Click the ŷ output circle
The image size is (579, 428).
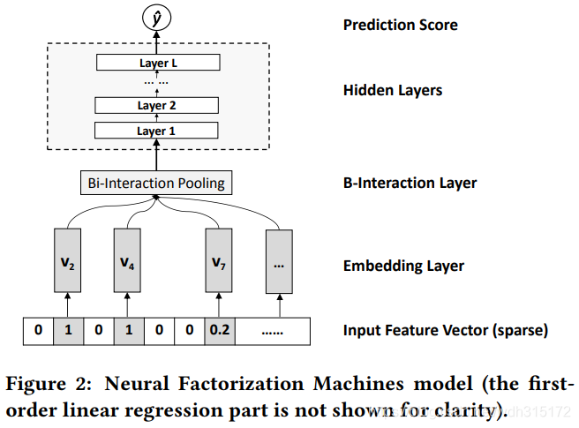(x=156, y=18)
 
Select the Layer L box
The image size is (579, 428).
(x=158, y=63)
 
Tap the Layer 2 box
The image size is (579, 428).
(x=156, y=105)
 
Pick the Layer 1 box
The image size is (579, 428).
(x=156, y=131)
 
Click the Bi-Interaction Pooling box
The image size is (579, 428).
(x=156, y=183)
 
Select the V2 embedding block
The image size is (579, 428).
(x=68, y=260)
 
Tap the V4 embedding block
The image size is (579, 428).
(x=127, y=260)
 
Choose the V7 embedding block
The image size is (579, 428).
(x=219, y=260)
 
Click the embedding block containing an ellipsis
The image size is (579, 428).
(x=279, y=261)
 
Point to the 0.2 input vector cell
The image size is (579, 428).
(x=220, y=331)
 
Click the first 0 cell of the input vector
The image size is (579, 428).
(x=39, y=331)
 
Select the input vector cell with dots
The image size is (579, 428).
(x=273, y=331)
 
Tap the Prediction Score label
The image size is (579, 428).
(x=401, y=25)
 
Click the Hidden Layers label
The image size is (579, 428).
(x=393, y=91)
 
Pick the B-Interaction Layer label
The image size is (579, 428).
(x=410, y=184)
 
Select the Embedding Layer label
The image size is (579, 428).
(x=403, y=266)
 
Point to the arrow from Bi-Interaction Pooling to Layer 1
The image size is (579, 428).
(x=156, y=154)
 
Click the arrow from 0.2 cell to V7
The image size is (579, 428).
(x=219, y=305)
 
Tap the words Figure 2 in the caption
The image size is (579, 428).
(x=49, y=384)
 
